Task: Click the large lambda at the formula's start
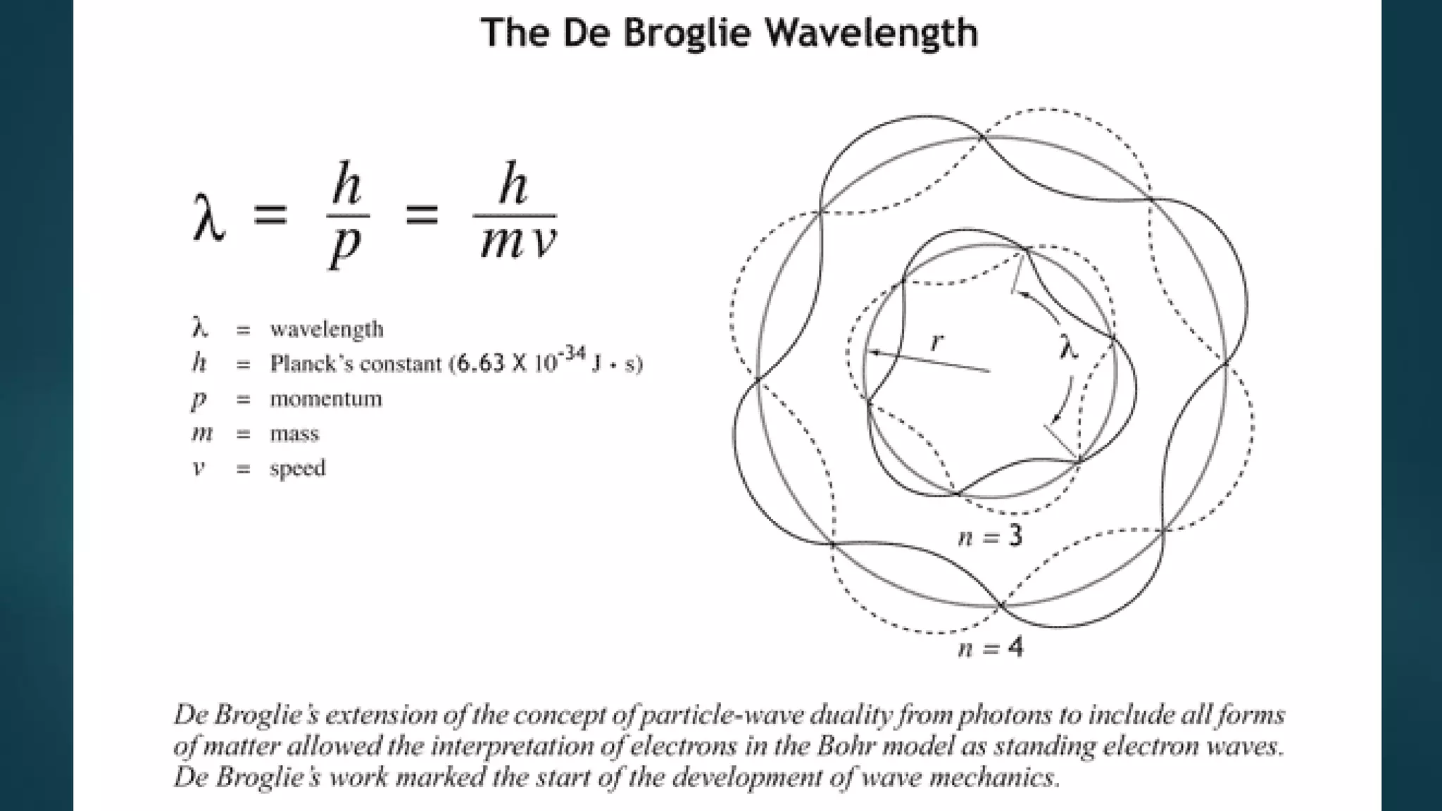click(x=208, y=215)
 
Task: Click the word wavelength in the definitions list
click(x=327, y=329)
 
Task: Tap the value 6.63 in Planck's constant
click(x=482, y=363)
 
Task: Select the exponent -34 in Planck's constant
click(x=575, y=353)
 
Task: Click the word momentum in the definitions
click(x=326, y=398)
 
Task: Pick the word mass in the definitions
click(x=294, y=434)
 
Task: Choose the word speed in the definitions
click(x=297, y=468)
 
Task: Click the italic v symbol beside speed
click(x=199, y=468)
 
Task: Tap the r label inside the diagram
click(x=936, y=342)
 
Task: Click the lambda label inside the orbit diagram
click(x=1068, y=346)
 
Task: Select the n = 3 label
click(x=990, y=537)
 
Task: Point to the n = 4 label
click(x=990, y=647)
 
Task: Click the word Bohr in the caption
click(x=841, y=746)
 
